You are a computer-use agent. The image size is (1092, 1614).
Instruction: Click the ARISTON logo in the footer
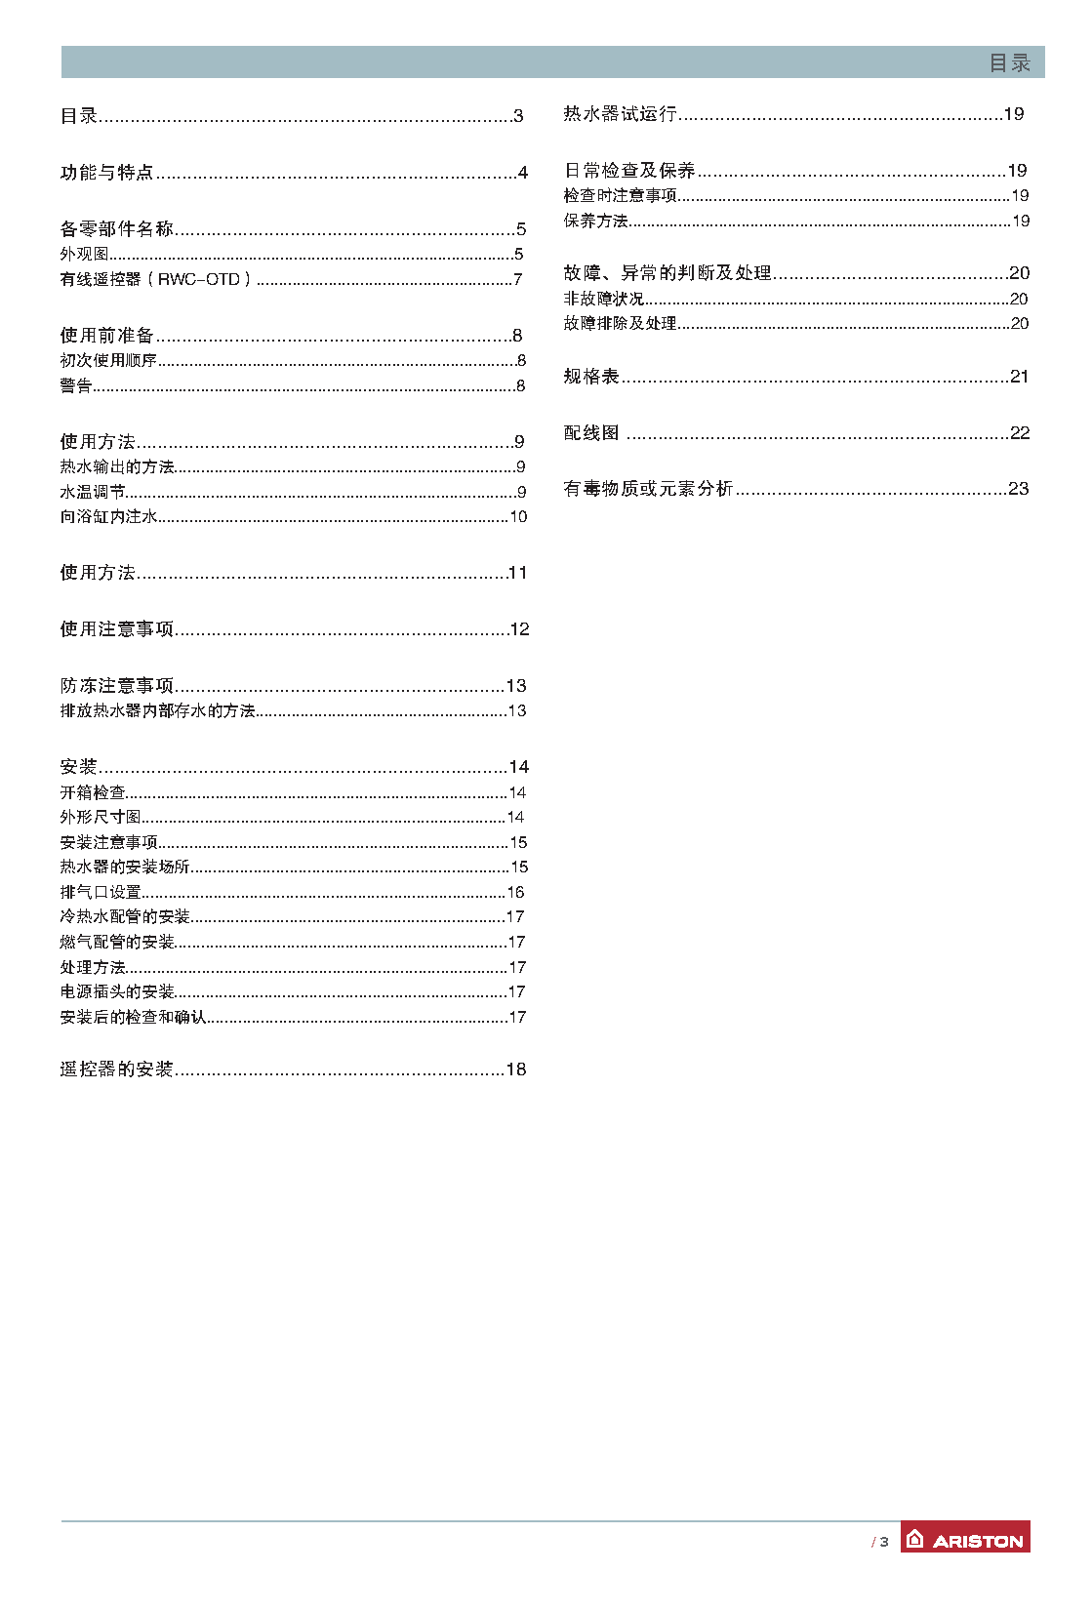pos(964,1539)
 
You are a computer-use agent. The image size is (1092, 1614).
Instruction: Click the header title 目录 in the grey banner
pos(1009,63)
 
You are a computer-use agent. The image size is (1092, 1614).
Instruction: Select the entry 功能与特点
pos(107,173)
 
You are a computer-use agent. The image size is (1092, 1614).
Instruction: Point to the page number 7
pos(518,280)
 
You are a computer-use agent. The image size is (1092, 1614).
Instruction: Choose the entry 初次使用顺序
pos(108,361)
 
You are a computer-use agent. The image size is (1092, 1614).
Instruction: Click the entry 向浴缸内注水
pos(108,517)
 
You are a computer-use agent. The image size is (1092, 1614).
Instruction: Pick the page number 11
pos(517,573)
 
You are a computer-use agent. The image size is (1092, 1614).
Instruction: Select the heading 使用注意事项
pos(117,629)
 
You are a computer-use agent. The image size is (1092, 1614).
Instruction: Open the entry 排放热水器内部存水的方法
pos(157,711)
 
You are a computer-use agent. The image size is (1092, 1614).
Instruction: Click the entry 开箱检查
pos(93,793)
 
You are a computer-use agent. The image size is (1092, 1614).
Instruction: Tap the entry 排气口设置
pos(101,893)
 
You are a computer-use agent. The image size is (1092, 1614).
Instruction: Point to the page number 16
pos(515,893)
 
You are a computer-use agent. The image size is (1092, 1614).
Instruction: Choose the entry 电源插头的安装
pos(117,992)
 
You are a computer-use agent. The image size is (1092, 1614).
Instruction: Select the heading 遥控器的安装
pos(117,1069)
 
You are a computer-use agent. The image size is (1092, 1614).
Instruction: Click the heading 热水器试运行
pos(620,114)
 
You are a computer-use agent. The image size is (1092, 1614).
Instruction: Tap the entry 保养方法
pos(595,222)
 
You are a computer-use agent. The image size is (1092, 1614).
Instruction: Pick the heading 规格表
pos(591,377)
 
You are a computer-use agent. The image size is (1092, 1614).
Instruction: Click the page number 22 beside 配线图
pos(1020,433)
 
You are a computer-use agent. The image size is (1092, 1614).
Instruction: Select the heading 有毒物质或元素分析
pos(648,489)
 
